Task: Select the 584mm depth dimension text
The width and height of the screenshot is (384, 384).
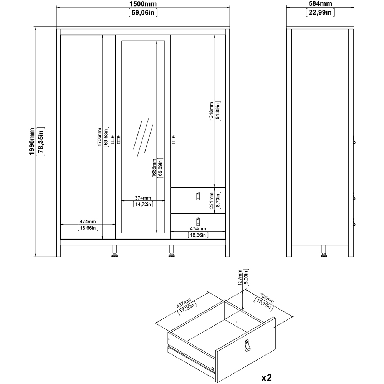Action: tap(320, 4)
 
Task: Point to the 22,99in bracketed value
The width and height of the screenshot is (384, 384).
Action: tap(320, 13)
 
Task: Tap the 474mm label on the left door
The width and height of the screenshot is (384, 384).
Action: tap(88, 222)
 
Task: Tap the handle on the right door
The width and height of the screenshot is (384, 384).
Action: tap(174, 139)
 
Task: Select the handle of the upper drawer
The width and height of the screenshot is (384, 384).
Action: tap(198, 196)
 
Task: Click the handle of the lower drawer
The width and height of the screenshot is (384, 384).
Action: tap(198, 222)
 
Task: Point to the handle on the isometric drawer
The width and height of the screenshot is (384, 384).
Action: tap(247, 346)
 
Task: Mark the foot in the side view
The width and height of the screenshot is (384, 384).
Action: tap(323, 252)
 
